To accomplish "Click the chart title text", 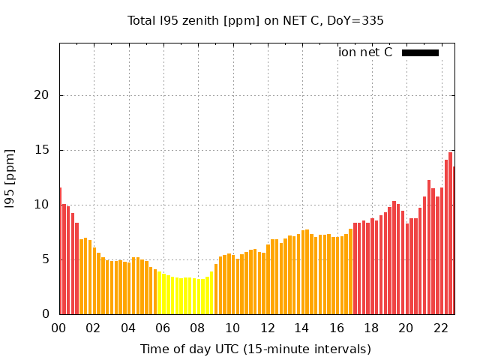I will coord(255,20).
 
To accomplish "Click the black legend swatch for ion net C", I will coord(420,52).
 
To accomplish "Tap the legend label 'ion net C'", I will coord(365,52).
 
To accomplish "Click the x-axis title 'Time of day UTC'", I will coord(255,349).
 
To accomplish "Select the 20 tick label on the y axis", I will coord(43,95).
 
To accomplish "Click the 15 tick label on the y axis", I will coord(43,150).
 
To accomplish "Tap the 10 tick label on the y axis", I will coord(43,205).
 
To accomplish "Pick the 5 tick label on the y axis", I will coord(46,259).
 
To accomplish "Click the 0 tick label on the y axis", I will coord(46,314).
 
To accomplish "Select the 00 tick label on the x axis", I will coord(59,328).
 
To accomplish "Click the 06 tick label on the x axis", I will coord(163,328).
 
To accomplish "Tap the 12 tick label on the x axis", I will coord(267,328).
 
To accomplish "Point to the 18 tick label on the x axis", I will coord(371,328).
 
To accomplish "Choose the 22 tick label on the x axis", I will coord(441,328).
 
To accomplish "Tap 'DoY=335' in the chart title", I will coord(357,20).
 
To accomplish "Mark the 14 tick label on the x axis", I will coord(301,328).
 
